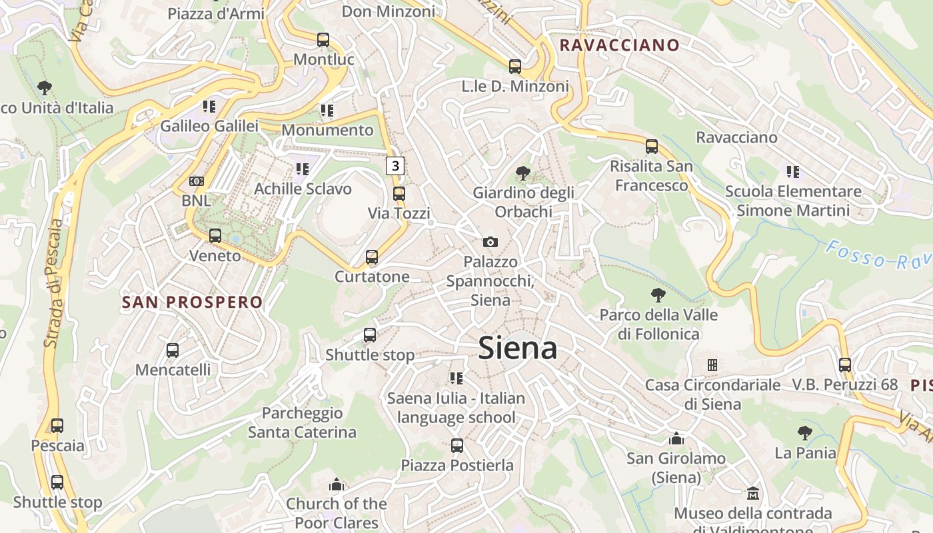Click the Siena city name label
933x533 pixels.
(518, 348)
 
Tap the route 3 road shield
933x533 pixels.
(395, 165)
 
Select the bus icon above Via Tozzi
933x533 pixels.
(399, 194)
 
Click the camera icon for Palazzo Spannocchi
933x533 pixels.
(490, 242)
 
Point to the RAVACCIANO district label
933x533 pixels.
(620, 45)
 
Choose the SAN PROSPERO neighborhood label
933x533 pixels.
(193, 302)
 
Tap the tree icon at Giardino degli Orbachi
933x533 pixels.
(523, 173)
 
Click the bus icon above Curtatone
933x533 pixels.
(372, 257)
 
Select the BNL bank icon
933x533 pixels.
(196, 181)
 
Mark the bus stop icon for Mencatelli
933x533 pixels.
(173, 350)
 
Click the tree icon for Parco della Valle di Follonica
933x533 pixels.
(658, 295)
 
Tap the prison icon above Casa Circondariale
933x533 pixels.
(712, 365)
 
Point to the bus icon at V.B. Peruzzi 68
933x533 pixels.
(845, 365)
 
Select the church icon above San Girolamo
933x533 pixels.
(676, 438)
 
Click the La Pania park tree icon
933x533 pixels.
(805, 433)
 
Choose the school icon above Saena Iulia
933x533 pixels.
(457, 378)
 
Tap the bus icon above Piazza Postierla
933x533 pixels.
(457, 445)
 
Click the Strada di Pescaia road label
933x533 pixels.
(55, 283)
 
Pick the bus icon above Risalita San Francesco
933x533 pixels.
(652, 146)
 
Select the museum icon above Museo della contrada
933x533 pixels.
(753, 493)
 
